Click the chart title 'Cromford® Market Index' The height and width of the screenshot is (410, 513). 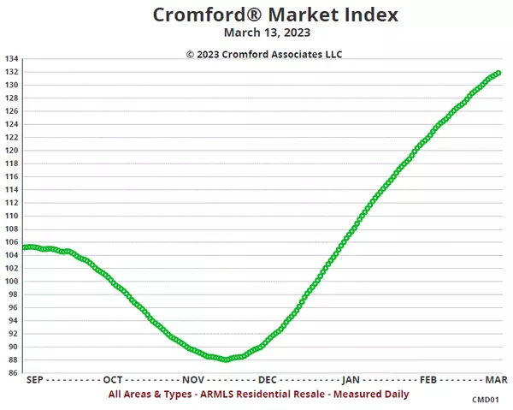coord(262,15)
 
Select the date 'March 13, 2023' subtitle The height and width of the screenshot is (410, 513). coord(262,33)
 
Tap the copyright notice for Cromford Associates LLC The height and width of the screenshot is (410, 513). coord(264,53)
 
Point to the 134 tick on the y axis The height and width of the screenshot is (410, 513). coord(11,59)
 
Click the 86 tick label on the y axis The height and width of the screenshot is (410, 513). coord(11,373)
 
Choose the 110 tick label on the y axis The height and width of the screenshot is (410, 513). coord(11,217)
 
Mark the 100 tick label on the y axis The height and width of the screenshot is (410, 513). coord(11,282)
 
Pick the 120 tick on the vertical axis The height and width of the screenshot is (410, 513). coord(11,151)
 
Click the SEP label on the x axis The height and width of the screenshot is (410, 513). coord(35,379)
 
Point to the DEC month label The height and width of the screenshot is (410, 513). coord(267,379)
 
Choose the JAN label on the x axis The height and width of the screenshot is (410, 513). coord(350,379)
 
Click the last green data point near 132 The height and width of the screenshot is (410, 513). coord(498,73)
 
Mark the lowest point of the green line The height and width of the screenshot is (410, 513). coord(226,359)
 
